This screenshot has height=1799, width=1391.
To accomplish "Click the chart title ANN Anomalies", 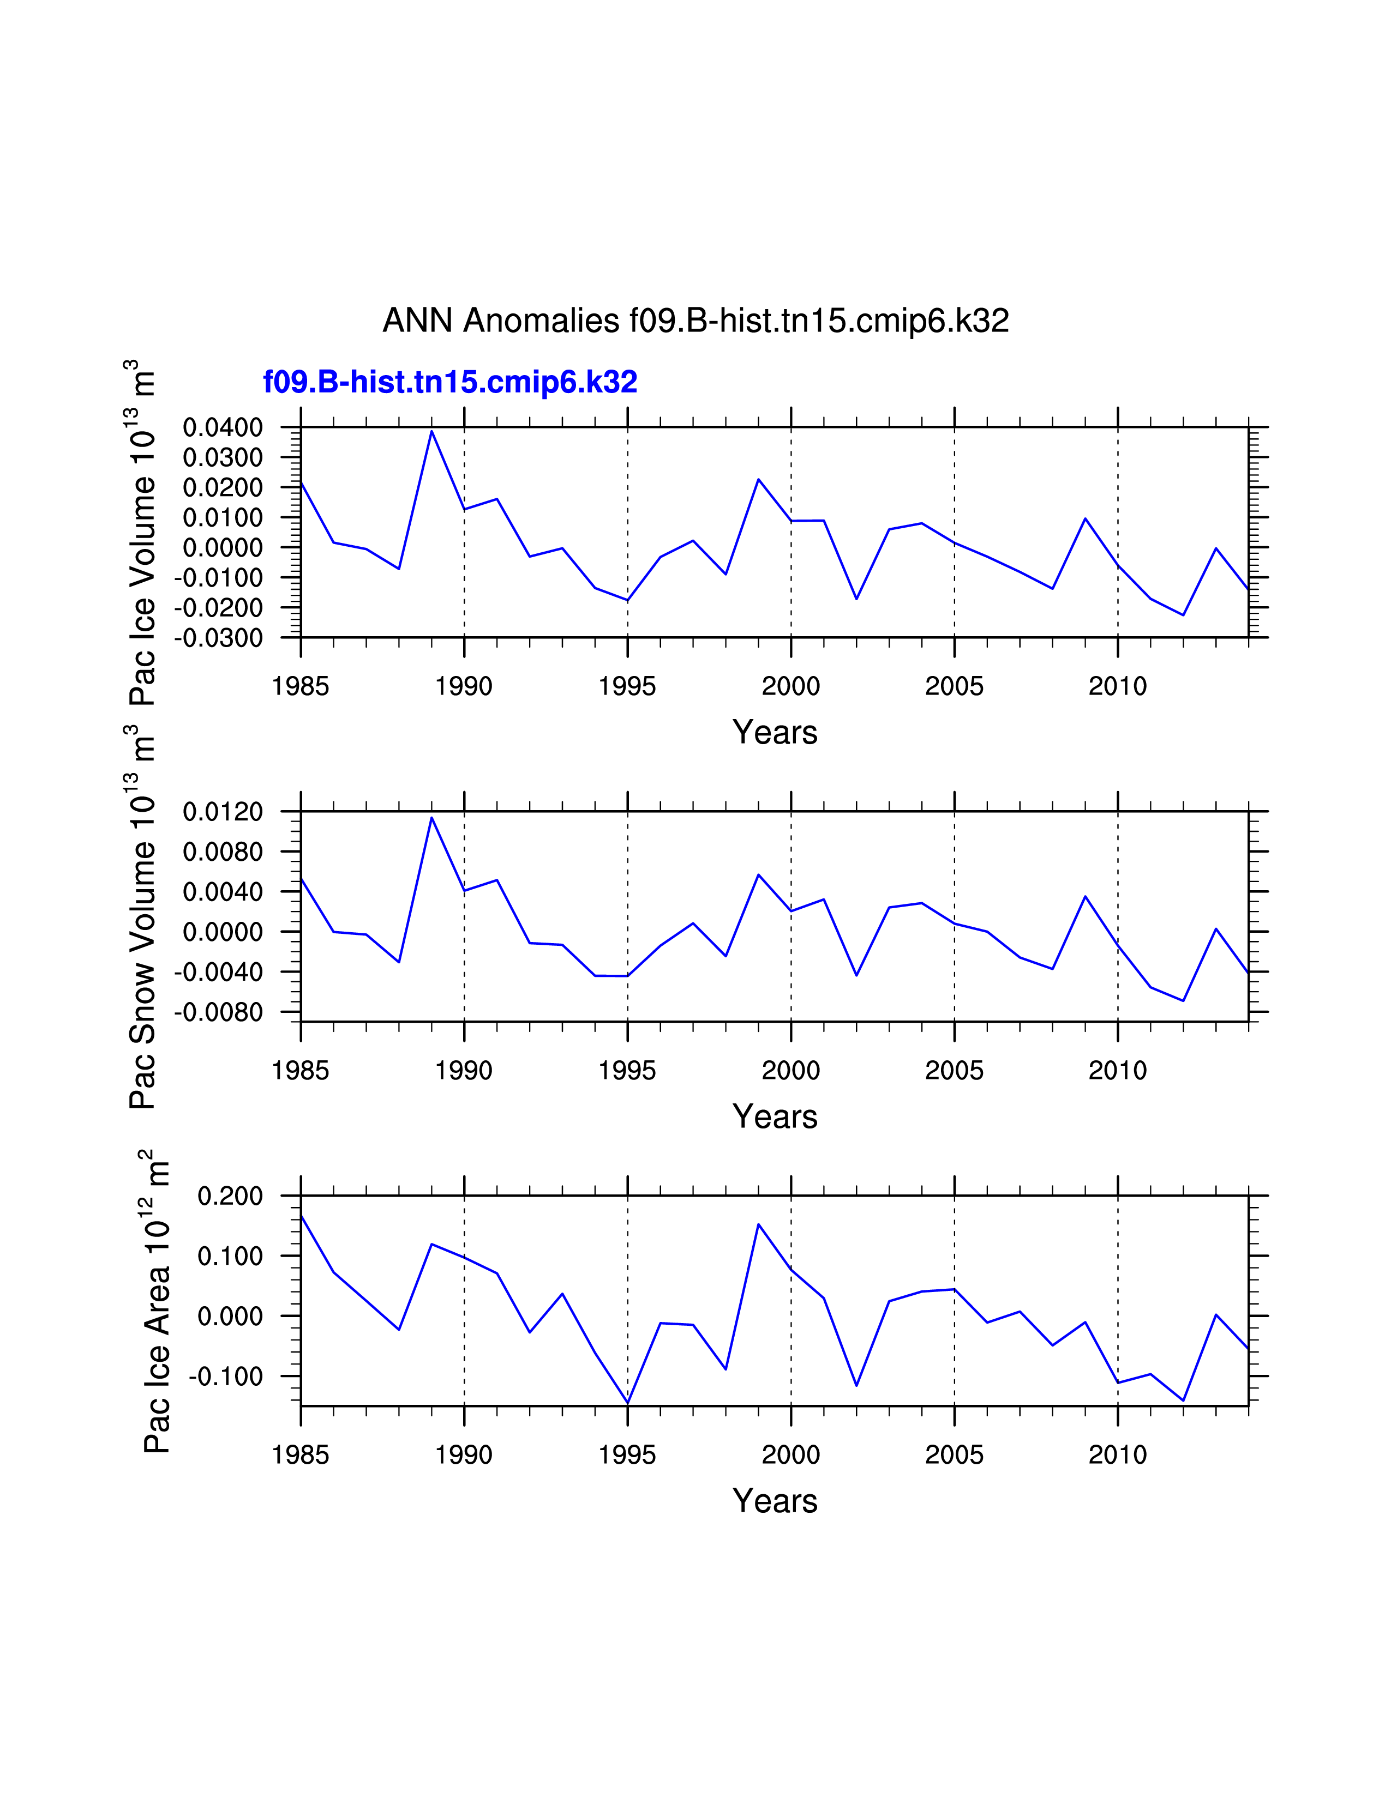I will coord(695,321).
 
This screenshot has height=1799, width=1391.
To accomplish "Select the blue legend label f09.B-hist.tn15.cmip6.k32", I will coord(450,382).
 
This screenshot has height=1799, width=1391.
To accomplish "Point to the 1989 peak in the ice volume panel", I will coord(432,432).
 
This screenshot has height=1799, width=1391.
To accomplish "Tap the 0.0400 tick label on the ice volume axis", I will coord(223,427).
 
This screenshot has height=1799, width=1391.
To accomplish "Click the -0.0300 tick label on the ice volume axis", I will coord(218,638).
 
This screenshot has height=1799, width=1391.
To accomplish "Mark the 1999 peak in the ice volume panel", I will coord(758,479).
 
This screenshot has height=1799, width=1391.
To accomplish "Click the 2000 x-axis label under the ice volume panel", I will coord(790,686).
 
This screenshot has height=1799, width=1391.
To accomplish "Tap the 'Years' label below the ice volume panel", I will coord(775,732).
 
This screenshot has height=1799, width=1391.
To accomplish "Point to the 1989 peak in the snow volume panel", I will coord(432,817).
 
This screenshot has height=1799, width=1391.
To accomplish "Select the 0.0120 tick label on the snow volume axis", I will coord(223,812).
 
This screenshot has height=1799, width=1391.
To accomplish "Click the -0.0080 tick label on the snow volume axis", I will coord(218,1012).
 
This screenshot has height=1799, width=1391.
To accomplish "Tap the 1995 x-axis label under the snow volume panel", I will coord(627,1071).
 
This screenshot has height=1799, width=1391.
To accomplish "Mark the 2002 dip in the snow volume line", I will coord(856,975).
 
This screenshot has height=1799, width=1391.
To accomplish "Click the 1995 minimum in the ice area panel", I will coord(628,1403).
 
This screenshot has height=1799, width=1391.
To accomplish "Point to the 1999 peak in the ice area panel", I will coord(758,1225).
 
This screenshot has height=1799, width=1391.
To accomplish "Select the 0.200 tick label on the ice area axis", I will coord(230,1196).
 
